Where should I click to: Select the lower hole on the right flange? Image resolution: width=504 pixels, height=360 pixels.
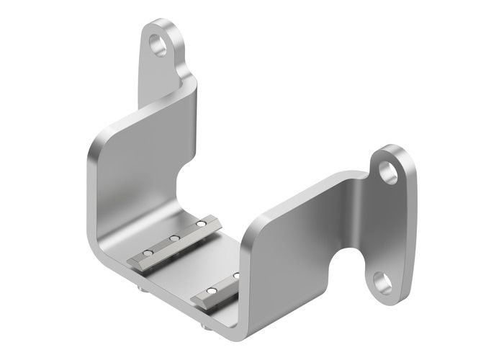coord(382,280)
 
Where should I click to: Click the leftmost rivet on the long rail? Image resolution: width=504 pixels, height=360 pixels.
coord(148,253)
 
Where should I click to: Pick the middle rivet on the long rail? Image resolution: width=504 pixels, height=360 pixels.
coord(174,238)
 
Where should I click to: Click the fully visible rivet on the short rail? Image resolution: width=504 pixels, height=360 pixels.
coord(211,291)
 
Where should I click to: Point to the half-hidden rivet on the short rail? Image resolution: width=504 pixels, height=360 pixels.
coord(235,276)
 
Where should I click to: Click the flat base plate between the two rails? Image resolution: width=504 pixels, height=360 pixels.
coord(191,266)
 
